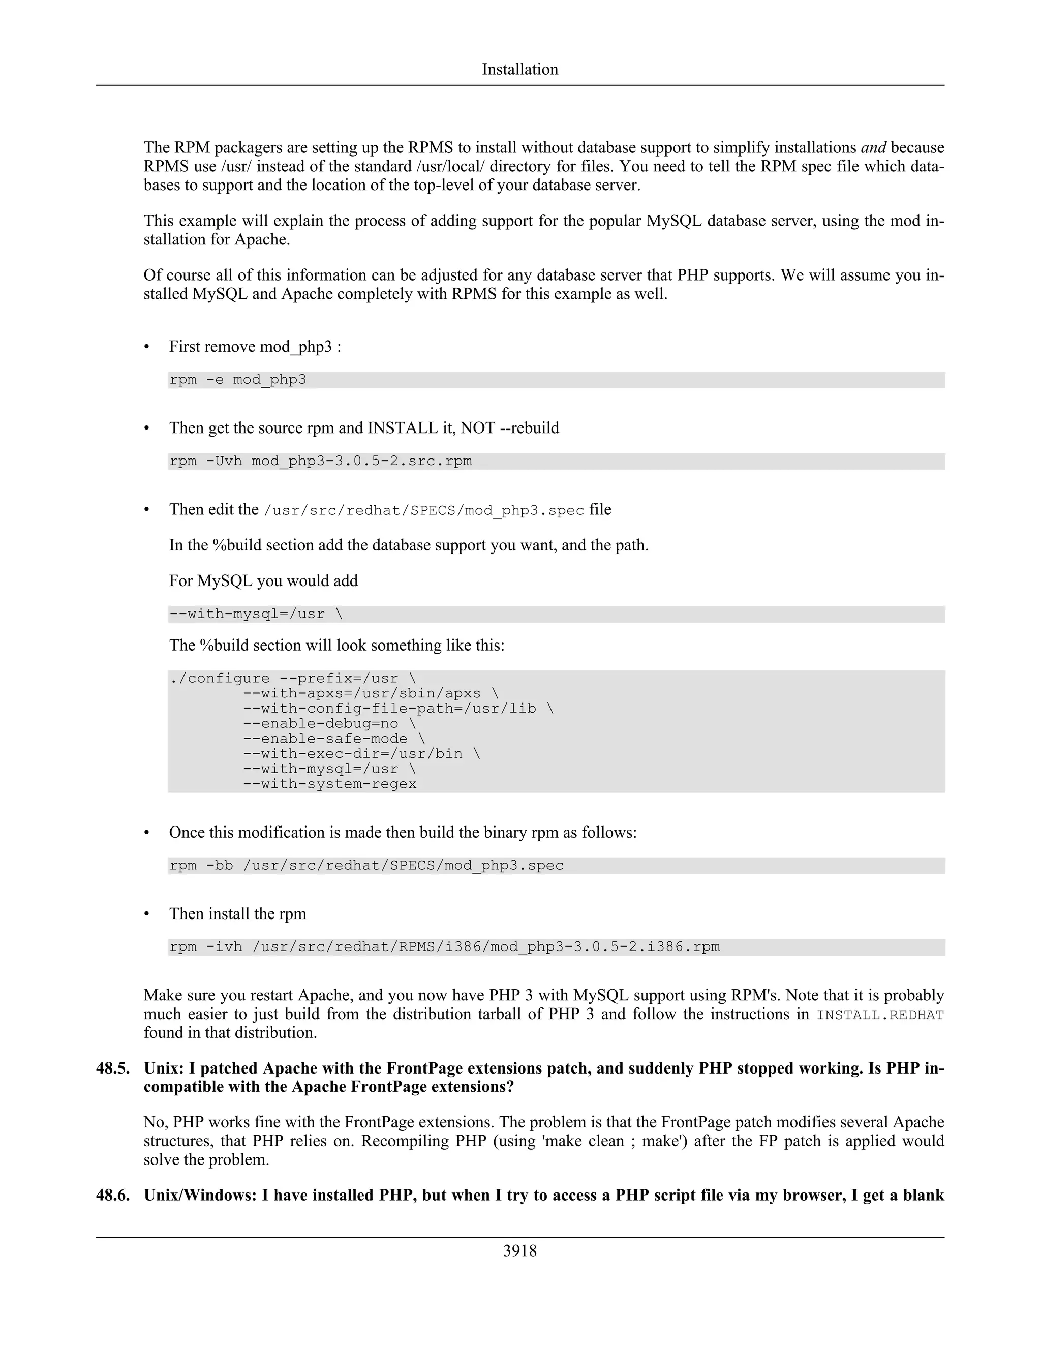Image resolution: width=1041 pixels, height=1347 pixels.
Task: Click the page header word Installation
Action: pos(520,69)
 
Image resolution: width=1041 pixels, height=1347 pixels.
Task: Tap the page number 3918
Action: pos(520,1251)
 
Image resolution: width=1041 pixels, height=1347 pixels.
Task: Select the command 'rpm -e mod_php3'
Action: pos(237,380)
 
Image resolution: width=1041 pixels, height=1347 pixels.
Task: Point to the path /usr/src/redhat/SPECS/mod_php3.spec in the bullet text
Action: pos(424,511)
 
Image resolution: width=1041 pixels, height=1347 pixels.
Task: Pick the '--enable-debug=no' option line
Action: pos(329,723)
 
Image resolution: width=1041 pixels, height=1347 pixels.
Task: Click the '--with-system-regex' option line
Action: pos(329,784)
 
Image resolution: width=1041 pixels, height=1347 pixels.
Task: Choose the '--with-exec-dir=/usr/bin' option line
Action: pos(361,754)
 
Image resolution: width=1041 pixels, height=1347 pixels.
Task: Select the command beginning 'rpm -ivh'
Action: pos(444,947)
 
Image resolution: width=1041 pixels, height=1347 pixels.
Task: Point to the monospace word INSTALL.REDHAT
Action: pos(880,1015)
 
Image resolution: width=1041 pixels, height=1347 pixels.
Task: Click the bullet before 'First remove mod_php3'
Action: pos(147,347)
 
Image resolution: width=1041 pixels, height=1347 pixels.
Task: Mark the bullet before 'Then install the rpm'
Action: pos(147,914)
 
